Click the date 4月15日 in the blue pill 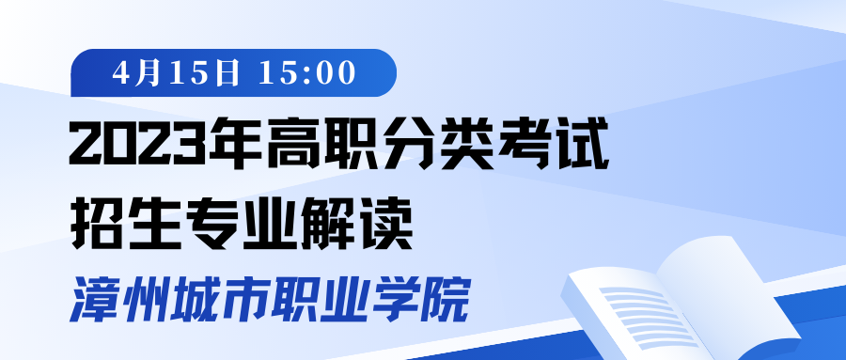pos(176,73)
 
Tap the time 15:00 pos(307,73)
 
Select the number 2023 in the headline pos(139,145)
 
